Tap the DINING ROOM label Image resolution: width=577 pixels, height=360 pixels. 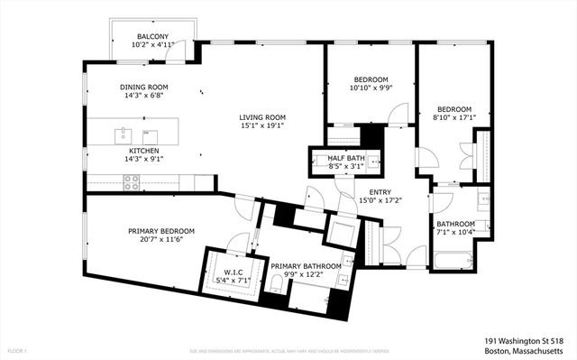(144, 88)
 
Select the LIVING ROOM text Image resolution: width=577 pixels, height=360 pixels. (262, 117)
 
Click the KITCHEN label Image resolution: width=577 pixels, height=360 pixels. (144, 151)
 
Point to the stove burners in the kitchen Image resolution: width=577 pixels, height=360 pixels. (132, 180)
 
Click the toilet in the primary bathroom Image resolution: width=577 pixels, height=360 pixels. (278, 287)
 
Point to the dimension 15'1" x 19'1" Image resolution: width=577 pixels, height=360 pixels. (262, 126)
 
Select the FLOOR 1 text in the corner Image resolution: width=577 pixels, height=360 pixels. (16, 350)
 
